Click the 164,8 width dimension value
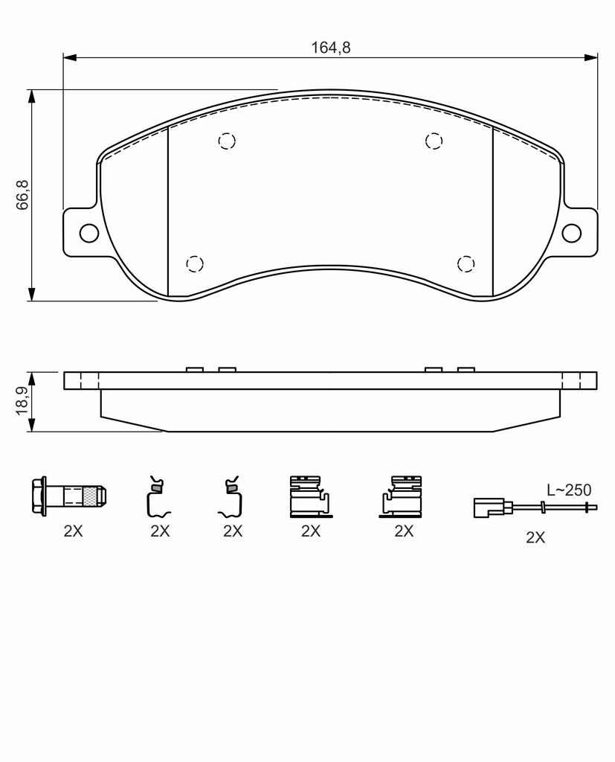click(330, 48)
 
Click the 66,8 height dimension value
click(23, 195)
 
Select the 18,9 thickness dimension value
click(23, 401)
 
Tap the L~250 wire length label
click(569, 490)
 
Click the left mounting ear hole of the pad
click(89, 233)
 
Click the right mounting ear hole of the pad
click(571, 233)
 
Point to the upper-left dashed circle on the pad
click(227, 141)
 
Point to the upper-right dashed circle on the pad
click(434, 141)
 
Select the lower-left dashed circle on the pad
click(195, 263)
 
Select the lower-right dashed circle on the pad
click(466, 263)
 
